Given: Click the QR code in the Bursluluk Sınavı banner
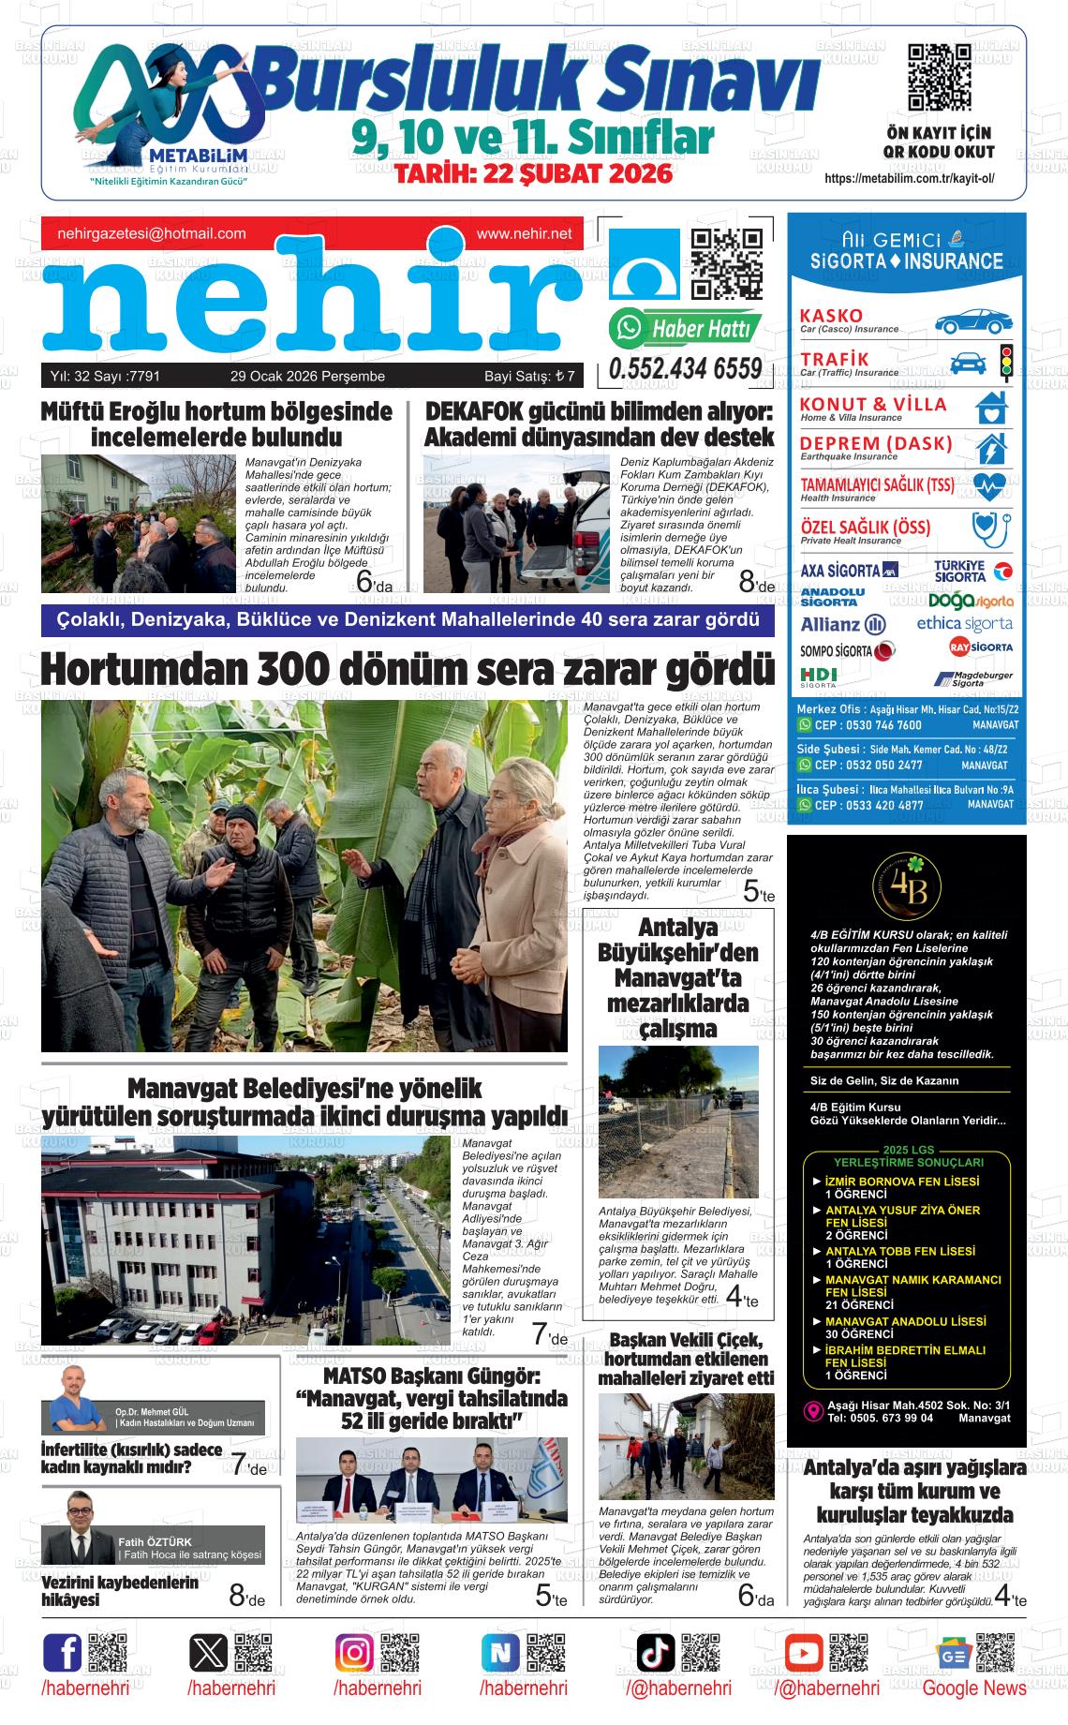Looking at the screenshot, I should [939, 77].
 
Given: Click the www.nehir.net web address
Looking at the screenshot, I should [524, 233].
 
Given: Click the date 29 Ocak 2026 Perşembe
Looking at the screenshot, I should [307, 377].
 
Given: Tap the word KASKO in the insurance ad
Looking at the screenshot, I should [832, 316].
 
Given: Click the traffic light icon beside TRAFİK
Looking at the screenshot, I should [1007, 362].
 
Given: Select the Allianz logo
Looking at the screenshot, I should [842, 625].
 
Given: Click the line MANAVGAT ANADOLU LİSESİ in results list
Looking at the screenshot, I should [905, 1321].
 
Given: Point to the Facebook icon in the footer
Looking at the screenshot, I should [63, 1652].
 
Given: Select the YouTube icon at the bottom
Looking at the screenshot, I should [803, 1652].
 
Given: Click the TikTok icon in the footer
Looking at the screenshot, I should [655, 1652].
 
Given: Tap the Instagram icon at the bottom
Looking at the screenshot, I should [355, 1652].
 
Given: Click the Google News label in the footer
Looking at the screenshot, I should [973, 1688].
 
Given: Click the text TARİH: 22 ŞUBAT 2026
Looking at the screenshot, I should [533, 174].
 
